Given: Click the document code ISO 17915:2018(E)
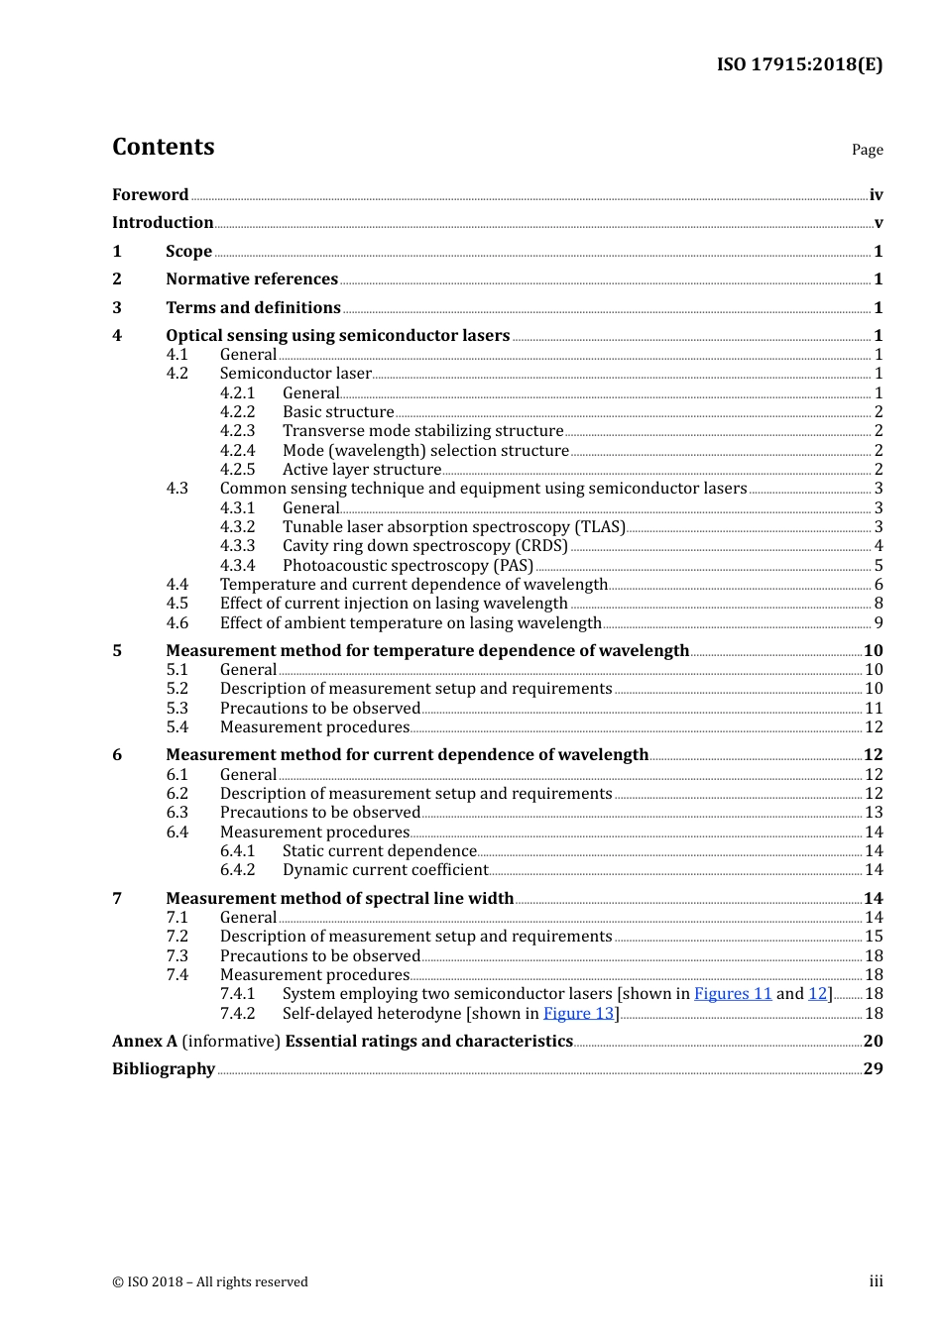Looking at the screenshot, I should point(799,64).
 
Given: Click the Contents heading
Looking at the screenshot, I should point(163,147).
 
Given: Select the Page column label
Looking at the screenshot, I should point(867,150).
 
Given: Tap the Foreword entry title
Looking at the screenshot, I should point(150,195).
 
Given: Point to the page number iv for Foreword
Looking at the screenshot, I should point(876,195).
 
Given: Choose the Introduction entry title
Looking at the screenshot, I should point(163,223).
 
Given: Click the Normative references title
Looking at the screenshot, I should point(252,279).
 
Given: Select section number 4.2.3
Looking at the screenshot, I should point(237,431).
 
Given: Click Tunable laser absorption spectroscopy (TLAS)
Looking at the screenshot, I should point(453,527).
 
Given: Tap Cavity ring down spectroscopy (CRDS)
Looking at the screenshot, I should point(424,546).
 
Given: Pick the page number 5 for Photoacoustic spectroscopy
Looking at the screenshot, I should point(878,566).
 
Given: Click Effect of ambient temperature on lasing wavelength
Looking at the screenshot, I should point(411,623).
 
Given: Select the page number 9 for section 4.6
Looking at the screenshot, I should point(878,623).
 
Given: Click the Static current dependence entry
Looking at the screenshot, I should point(379,851).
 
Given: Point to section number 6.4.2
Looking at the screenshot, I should point(237,870).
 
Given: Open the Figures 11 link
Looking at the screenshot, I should point(732,994).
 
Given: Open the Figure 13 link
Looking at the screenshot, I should point(579,1014).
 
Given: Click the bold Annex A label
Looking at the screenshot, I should point(145,1042).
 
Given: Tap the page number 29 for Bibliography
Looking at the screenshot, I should point(873,1069).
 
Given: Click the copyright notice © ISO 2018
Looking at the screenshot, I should point(210,1282).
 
